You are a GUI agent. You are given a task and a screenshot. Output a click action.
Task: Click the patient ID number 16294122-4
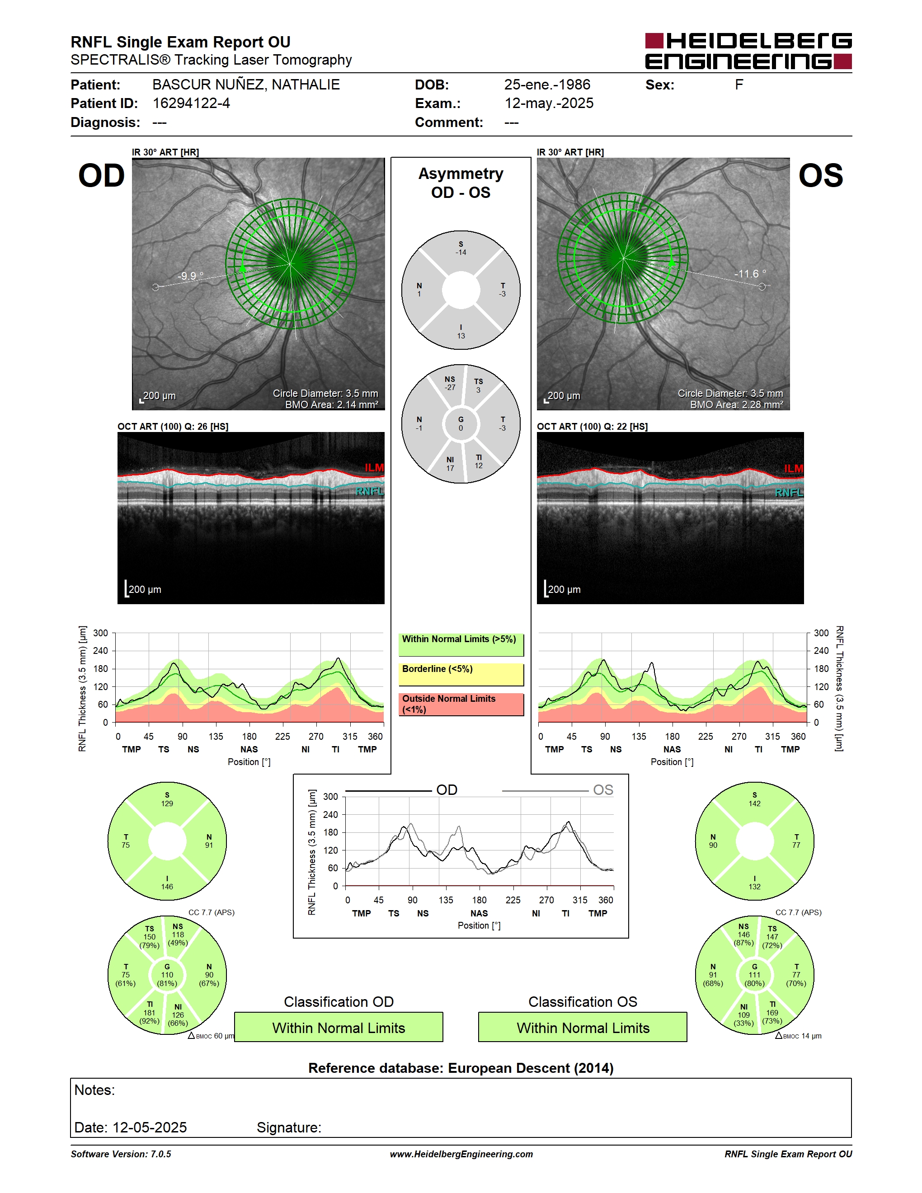191,103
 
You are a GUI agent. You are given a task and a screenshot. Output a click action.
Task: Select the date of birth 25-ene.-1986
547,85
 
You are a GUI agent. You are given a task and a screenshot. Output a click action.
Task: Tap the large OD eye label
102,176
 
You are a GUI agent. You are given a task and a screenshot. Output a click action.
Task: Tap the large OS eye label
821,176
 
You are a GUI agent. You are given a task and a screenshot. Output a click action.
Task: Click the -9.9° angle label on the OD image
190,276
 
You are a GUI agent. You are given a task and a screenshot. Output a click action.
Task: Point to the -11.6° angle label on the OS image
750,274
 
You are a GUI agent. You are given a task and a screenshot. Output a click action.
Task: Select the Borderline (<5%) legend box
461,675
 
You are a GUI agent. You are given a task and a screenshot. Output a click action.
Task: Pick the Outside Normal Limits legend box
461,705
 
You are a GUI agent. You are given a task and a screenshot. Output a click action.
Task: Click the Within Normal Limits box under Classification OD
339,1028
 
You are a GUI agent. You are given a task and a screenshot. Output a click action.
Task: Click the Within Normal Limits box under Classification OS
583,1028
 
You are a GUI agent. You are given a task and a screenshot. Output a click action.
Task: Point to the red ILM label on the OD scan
374,468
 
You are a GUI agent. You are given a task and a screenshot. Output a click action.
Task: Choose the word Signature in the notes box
289,1127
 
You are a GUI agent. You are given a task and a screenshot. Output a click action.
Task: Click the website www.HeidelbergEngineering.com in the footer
461,1154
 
